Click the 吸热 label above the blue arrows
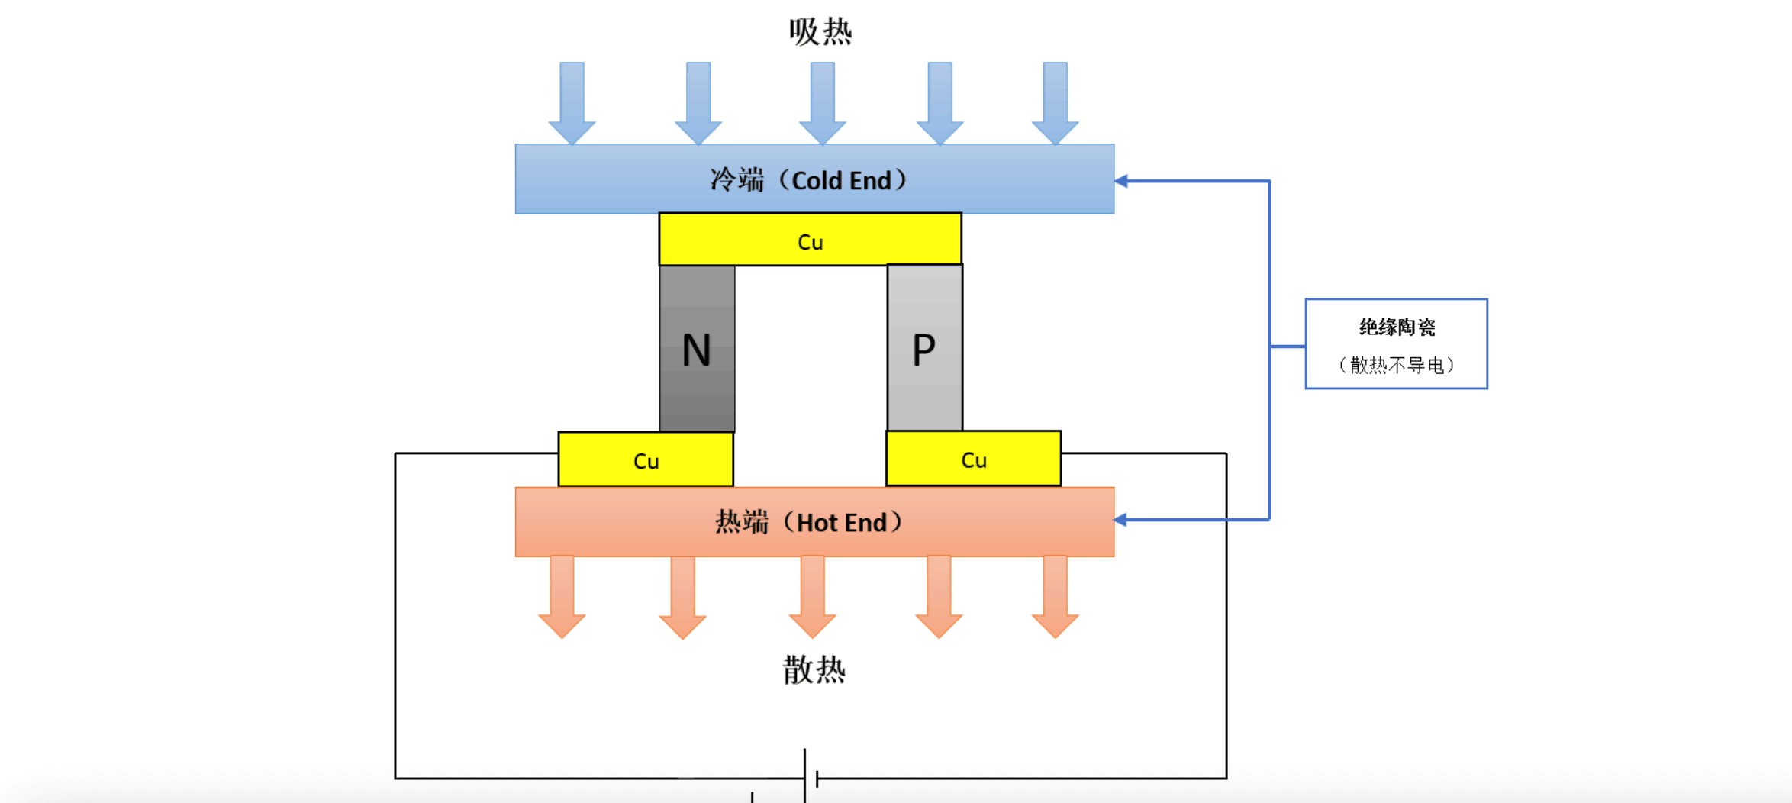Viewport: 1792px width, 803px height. point(820,32)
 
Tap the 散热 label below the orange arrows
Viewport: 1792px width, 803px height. point(814,670)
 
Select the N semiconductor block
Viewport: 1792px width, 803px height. point(697,349)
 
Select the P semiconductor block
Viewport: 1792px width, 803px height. point(924,348)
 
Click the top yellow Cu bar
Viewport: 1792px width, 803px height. point(810,240)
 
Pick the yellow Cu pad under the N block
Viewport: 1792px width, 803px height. point(646,460)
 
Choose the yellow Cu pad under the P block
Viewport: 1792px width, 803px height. point(973,459)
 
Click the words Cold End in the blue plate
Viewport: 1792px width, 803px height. point(842,180)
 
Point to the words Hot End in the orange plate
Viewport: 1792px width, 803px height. point(842,522)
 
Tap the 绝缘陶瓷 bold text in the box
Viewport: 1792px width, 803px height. point(1397,327)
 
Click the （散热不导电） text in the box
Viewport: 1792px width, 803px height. point(1397,365)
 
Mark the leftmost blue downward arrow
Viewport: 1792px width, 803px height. point(572,103)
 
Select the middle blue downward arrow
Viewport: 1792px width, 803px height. point(822,103)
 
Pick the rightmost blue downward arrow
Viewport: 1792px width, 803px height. point(1055,103)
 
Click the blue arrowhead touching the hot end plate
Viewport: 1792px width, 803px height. point(1121,520)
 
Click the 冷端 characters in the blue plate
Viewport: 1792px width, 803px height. point(736,180)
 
